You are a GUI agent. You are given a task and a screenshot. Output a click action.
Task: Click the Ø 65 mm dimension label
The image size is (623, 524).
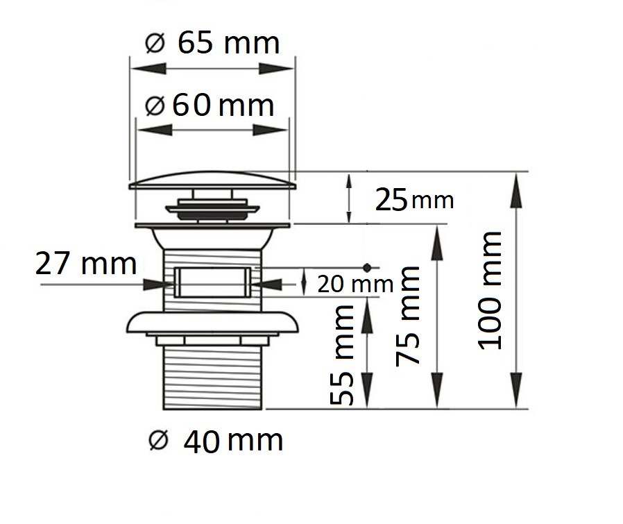(212, 44)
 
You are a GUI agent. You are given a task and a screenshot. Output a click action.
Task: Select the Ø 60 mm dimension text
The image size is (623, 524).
(210, 106)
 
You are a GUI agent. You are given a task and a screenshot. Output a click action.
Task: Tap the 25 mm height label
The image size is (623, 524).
(414, 201)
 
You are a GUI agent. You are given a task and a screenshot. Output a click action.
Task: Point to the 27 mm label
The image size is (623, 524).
(86, 264)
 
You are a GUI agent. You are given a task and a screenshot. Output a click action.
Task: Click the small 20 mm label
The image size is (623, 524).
(355, 284)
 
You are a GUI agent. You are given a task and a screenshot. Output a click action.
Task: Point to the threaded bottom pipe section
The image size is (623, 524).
(213, 378)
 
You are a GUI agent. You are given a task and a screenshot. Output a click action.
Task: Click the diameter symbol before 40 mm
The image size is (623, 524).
(159, 440)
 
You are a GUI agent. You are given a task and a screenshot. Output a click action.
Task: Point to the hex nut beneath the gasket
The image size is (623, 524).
(213, 339)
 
